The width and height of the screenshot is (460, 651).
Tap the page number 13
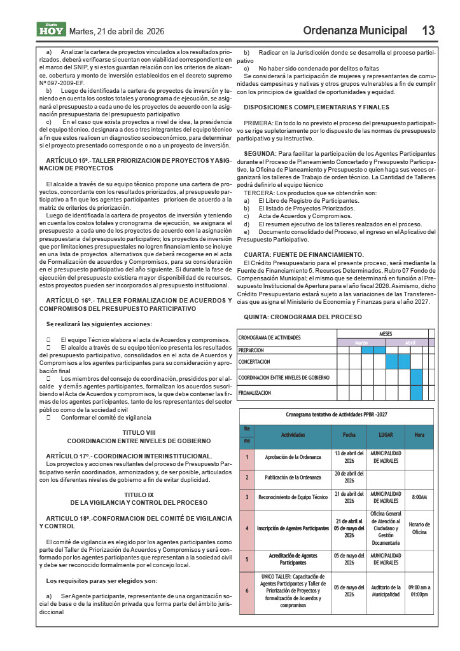coord(428,31)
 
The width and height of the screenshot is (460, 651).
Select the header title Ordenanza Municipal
coord(355,31)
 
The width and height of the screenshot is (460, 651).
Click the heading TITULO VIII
coord(139,432)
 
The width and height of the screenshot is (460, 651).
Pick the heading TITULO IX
coord(139,494)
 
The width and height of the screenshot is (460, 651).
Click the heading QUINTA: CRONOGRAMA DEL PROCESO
coord(303,317)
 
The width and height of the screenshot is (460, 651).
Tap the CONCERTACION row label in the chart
coord(254,362)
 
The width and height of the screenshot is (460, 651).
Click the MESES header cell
coord(386,334)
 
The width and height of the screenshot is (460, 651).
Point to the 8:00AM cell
coord(419,497)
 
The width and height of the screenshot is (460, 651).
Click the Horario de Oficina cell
coord(419,528)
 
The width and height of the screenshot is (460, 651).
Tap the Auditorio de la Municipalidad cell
coord(386,591)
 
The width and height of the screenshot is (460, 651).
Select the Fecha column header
coord(349,435)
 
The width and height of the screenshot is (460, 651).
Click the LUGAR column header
coord(386,435)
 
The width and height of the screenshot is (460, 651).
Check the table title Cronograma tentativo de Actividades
coord(337,415)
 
